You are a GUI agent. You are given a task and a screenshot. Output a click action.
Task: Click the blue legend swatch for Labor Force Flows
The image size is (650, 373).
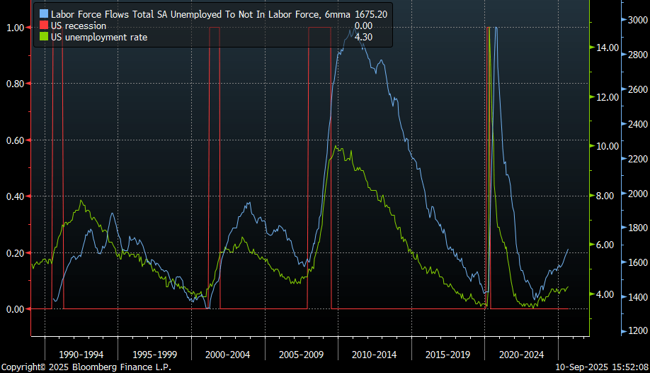[44, 14]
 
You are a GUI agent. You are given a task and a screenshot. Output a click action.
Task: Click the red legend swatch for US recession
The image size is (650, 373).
[44, 26]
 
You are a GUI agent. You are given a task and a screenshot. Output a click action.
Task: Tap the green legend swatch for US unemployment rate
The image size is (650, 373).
[44, 37]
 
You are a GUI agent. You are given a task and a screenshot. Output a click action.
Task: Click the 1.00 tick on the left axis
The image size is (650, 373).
[16, 28]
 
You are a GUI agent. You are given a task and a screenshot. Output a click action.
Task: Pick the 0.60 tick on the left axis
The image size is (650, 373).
[16, 140]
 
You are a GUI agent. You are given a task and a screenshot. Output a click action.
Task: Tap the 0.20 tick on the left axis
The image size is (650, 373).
[16, 253]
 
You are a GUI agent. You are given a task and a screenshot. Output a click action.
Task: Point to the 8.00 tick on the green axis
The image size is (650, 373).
[608, 196]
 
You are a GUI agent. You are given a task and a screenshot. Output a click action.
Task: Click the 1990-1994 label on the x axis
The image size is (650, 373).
[80, 354]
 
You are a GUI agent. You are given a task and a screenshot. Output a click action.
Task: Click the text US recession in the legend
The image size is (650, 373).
[79, 26]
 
